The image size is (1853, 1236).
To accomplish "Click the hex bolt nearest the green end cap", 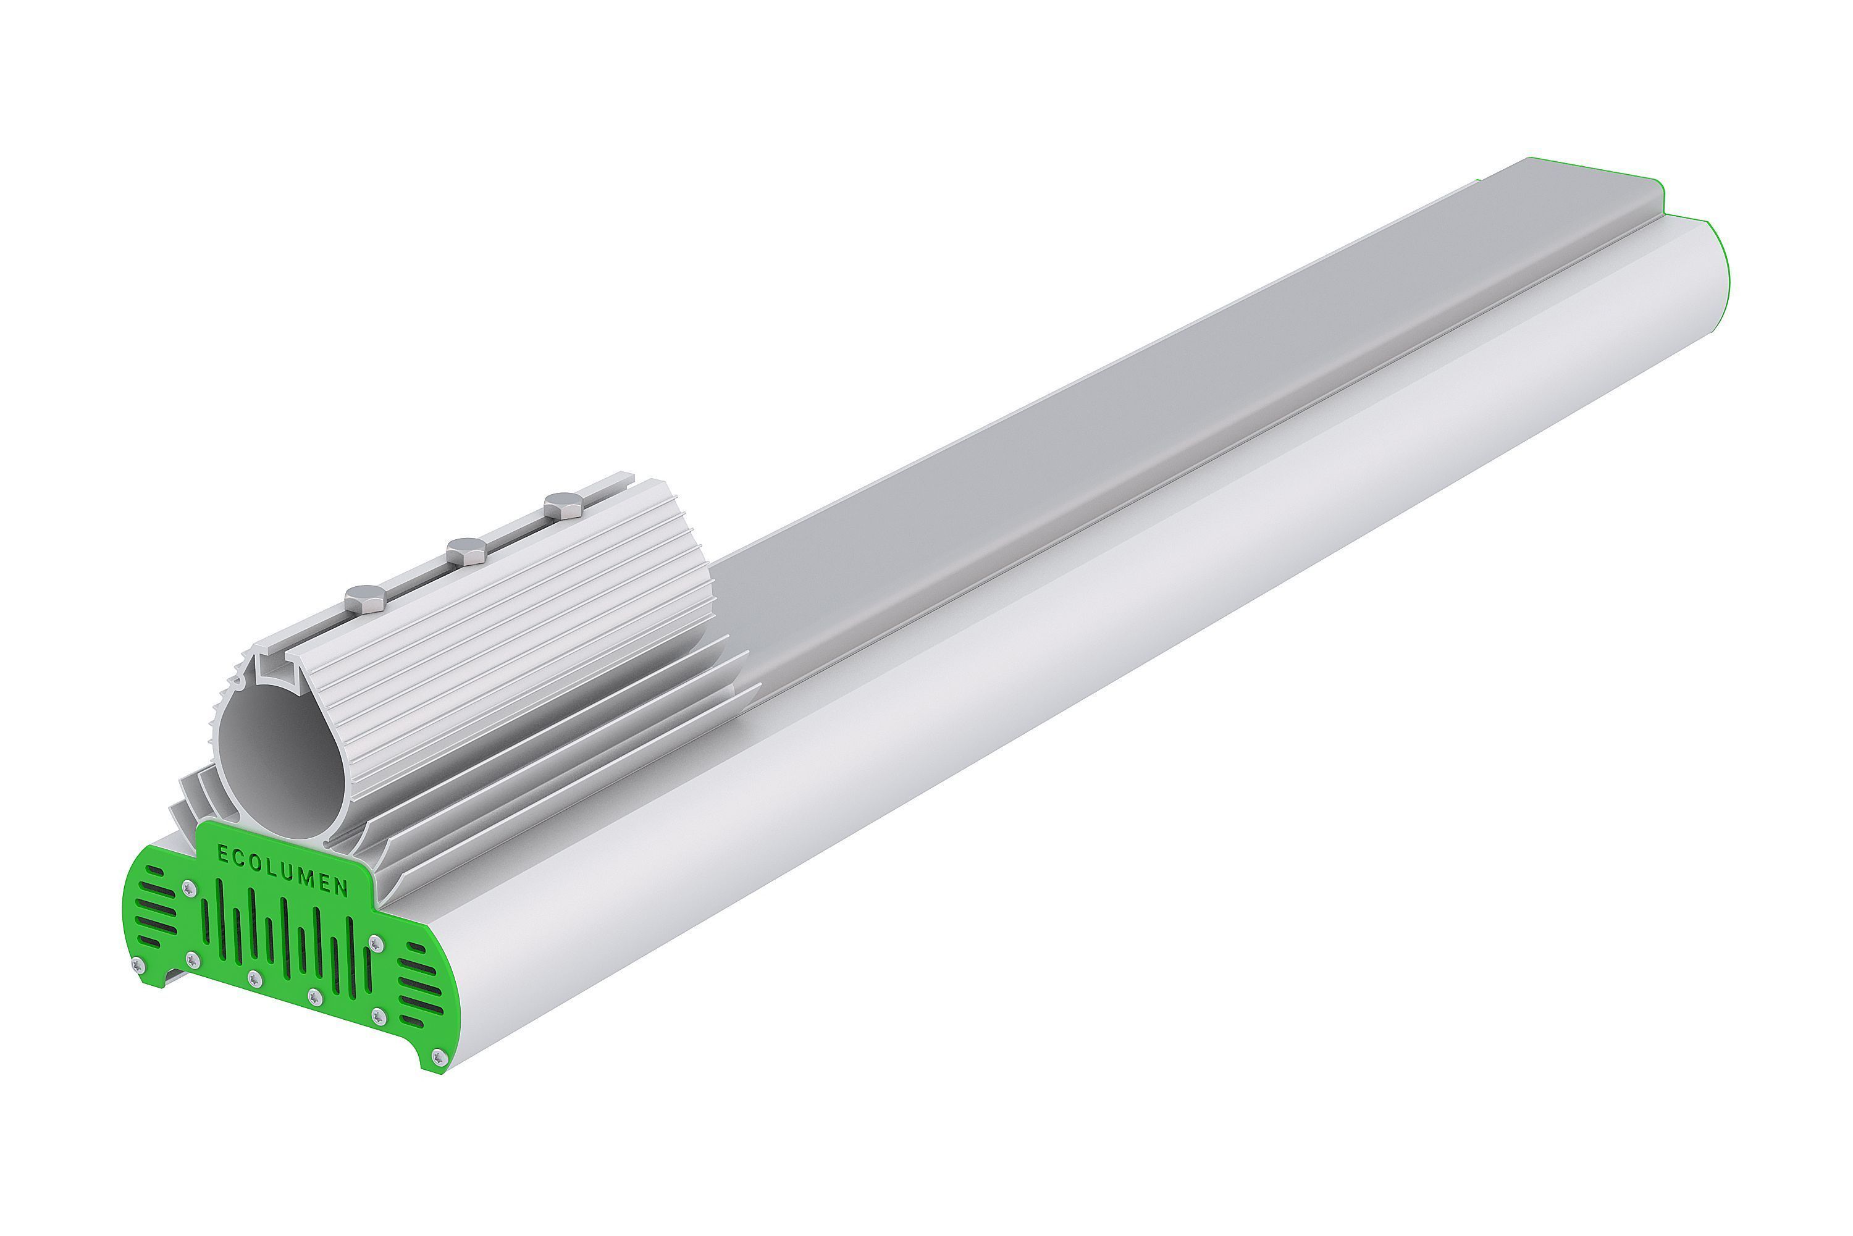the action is [366, 599].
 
